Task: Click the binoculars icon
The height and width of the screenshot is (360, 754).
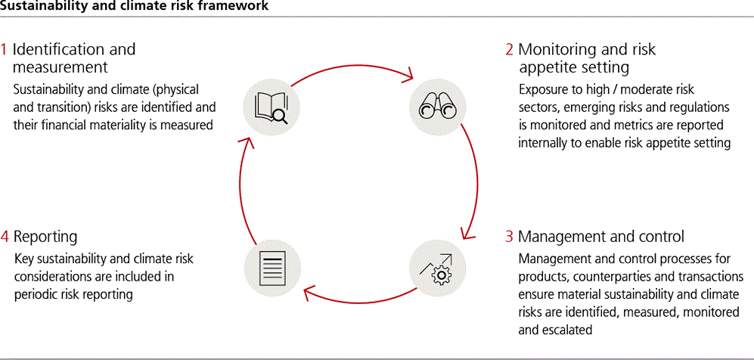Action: tap(439, 105)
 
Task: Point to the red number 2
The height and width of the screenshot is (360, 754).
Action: tap(510, 50)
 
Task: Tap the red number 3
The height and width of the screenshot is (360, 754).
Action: tap(510, 236)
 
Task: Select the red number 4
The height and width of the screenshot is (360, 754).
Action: tap(5, 237)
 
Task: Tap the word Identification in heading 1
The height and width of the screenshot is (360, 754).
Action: tap(61, 50)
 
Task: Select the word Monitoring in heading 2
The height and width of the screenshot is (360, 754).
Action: tap(556, 50)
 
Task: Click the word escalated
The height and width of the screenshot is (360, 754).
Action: tap(566, 330)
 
